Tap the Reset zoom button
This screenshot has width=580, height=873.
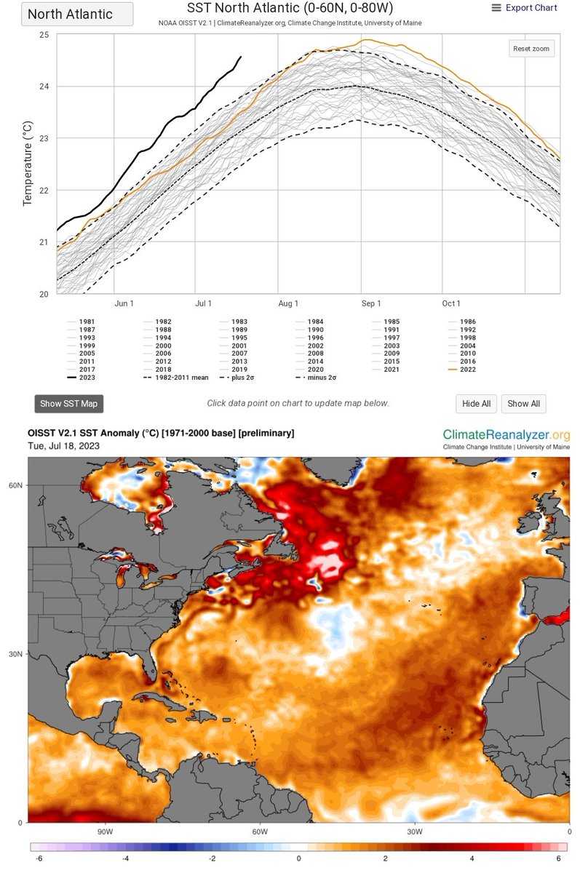pos(531,49)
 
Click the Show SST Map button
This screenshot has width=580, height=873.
pos(69,404)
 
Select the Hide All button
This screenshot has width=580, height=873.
pos(476,404)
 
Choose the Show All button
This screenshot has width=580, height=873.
pos(523,404)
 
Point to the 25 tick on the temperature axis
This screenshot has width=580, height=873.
pos(44,35)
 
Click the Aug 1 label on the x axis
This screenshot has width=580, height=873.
pos(289,303)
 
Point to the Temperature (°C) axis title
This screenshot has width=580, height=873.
pos(28,164)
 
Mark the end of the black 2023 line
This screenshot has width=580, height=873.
pos(241,56)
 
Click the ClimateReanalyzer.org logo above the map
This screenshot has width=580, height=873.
pos(506,436)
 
